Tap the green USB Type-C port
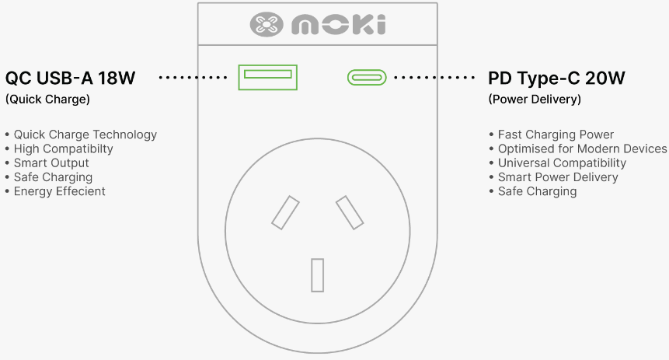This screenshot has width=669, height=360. click(x=367, y=71)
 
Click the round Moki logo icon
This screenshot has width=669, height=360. click(x=267, y=24)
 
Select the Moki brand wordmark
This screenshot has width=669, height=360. click(x=339, y=25)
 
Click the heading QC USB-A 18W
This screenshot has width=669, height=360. click(x=71, y=79)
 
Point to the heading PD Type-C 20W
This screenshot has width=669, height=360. click(x=556, y=79)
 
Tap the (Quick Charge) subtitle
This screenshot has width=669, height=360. click(x=47, y=100)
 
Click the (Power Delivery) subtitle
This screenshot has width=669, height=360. click(x=535, y=100)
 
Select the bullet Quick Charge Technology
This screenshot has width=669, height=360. click(x=85, y=135)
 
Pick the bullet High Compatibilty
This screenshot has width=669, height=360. click(x=63, y=149)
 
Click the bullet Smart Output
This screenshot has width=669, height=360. click(x=51, y=163)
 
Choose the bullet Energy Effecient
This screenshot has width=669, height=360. click(x=59, y=191)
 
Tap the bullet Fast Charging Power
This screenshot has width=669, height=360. click(x=556, y=135)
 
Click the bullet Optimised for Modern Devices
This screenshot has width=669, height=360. click(x=582, y=149)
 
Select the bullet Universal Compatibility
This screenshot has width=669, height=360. click(x=562, y=163)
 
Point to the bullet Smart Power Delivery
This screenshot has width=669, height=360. click(x=558, y=177)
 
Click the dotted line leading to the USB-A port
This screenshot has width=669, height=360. click(x=193, y=77)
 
